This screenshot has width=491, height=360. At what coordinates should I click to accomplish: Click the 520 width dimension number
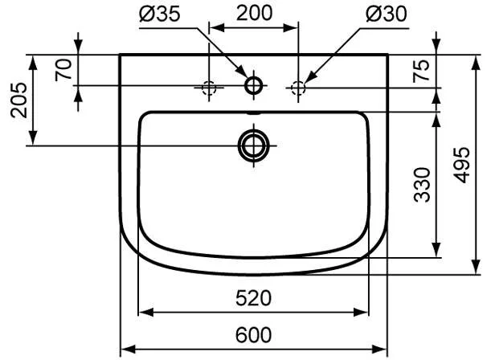(x=254, y=299)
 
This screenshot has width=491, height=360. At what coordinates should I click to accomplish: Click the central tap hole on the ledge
(x=255, y=85)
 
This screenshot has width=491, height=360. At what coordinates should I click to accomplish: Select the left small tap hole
(x=209, y=87)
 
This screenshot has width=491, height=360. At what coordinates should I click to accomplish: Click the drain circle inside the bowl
(x=254, y=145)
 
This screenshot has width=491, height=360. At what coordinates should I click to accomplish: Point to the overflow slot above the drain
(x=254, y=117)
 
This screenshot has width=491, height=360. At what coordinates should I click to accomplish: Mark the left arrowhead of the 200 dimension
(x=215, y=27)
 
